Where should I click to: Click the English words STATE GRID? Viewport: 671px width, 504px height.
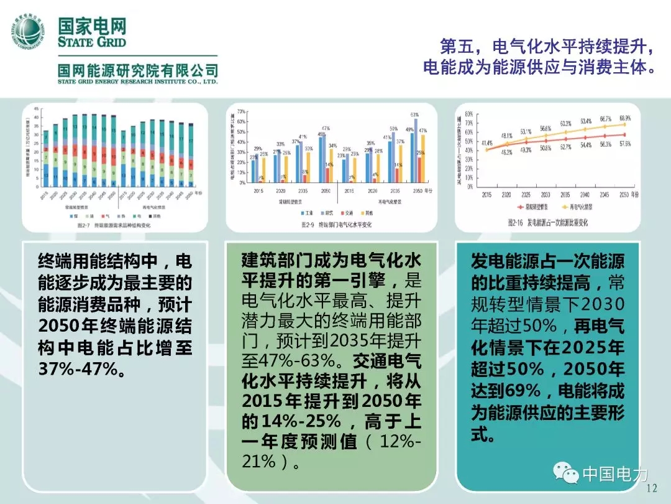[92, 42]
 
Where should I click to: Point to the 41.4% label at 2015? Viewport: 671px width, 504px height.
[487, 143]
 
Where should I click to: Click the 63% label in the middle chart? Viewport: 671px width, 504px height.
[414, 114]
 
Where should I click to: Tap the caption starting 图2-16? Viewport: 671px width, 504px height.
[548, 222]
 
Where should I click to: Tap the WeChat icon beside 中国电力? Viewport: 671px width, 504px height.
[565, 475]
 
